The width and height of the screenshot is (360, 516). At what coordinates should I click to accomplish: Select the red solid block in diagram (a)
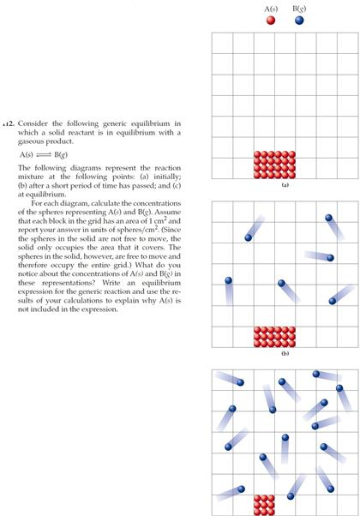click(x=275, y=165)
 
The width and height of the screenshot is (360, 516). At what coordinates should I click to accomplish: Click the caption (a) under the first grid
click(x=274, y=183)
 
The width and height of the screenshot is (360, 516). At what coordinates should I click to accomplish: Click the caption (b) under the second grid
click(x=274, y=352)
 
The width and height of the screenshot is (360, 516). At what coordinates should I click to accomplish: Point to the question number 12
click(x=9, y=123)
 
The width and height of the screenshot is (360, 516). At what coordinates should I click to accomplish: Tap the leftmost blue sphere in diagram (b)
click(x=228, y=280)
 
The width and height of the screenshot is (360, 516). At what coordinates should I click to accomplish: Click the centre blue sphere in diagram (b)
click(x=280, y=284)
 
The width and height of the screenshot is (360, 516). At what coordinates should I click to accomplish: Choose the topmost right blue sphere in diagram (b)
click(x=328, y=219)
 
